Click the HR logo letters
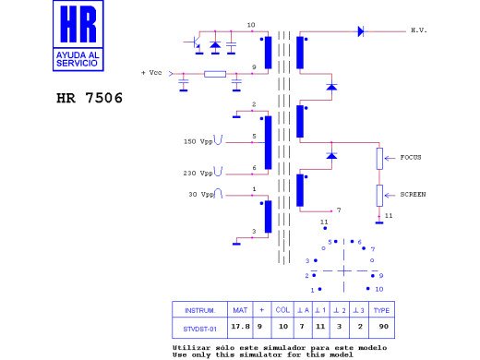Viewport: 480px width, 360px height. click(78, 24)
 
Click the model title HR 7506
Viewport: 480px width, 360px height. click(90, 98)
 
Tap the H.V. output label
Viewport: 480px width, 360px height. click(419, 30)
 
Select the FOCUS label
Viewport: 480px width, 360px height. click(411, 157)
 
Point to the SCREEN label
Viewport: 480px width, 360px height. click(413, 195)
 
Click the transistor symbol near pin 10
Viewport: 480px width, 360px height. click(195, 43)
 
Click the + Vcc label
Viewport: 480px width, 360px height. click(151, 73)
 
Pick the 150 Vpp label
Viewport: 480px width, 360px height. click(198, 141)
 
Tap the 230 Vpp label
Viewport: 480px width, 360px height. click(198, 173)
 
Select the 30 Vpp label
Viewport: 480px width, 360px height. click(201, 195)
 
